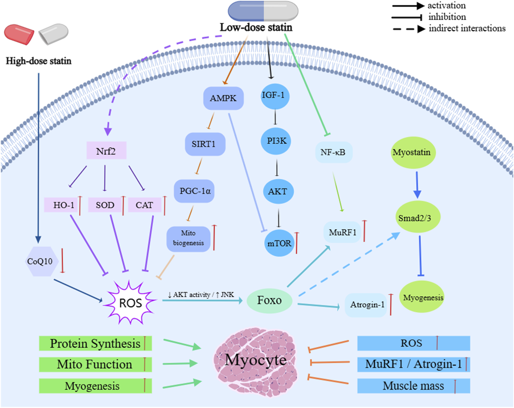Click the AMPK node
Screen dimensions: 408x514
(x=223, y=98)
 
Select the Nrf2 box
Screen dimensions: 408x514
(x=106, y=151)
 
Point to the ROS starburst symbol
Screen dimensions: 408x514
(x=130, y=303)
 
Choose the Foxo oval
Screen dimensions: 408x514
(x=269, y=300)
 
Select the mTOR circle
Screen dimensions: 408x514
(x=279, y=243)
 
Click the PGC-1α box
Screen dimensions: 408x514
(x=194, y=191)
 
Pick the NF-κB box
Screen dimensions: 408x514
(x=334, y=152)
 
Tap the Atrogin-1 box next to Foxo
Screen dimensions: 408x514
(x=367, y=305)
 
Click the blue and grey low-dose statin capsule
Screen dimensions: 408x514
(x=263, y=11)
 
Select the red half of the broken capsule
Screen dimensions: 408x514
(x=19, y=34)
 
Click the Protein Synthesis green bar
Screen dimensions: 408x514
(x=95, y=343)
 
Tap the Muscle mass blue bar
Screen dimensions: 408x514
(x=413, y=386)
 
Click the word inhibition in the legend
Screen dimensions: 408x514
(x=447, y=17)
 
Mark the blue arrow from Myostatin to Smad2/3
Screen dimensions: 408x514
(x=417, y=185)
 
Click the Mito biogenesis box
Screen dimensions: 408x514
(x=188, y=238)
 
